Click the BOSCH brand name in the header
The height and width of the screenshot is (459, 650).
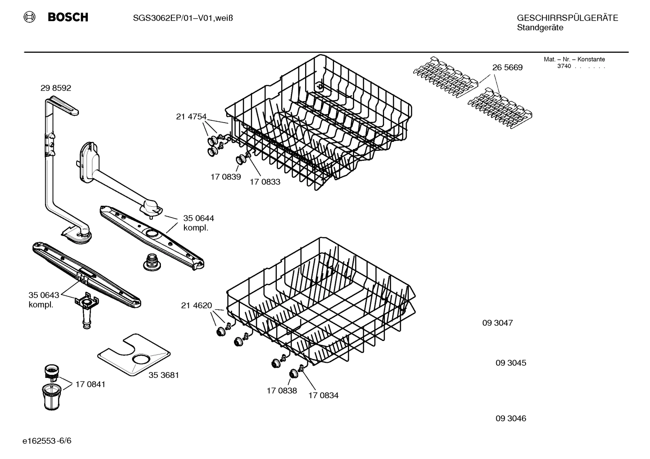point(68,18)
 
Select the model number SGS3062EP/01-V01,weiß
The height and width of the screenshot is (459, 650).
point(183,18)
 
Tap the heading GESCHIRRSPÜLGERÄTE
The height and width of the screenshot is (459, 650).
point(567,18)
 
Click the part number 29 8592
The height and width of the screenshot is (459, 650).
point(56,88)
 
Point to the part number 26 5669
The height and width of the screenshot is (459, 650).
point(507,68)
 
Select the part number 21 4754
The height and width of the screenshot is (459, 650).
point(191,117)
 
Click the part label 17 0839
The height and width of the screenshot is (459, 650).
point(225,177)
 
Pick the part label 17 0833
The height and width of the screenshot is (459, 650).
point(265,182)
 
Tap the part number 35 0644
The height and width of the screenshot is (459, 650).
point(198,218)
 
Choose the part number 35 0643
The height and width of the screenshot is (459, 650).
point(44,295)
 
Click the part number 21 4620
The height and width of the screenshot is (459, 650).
point(196,306)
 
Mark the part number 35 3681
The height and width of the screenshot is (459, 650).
point(164,375)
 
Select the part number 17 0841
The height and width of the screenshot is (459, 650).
point(90,384)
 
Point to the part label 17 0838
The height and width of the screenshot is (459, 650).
point(282,391)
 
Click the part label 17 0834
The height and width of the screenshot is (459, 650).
point(323,395)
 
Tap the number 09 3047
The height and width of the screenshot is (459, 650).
point(497,323)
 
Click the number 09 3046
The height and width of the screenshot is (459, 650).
point(511,418)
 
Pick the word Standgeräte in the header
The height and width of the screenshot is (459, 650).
point(540,28)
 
